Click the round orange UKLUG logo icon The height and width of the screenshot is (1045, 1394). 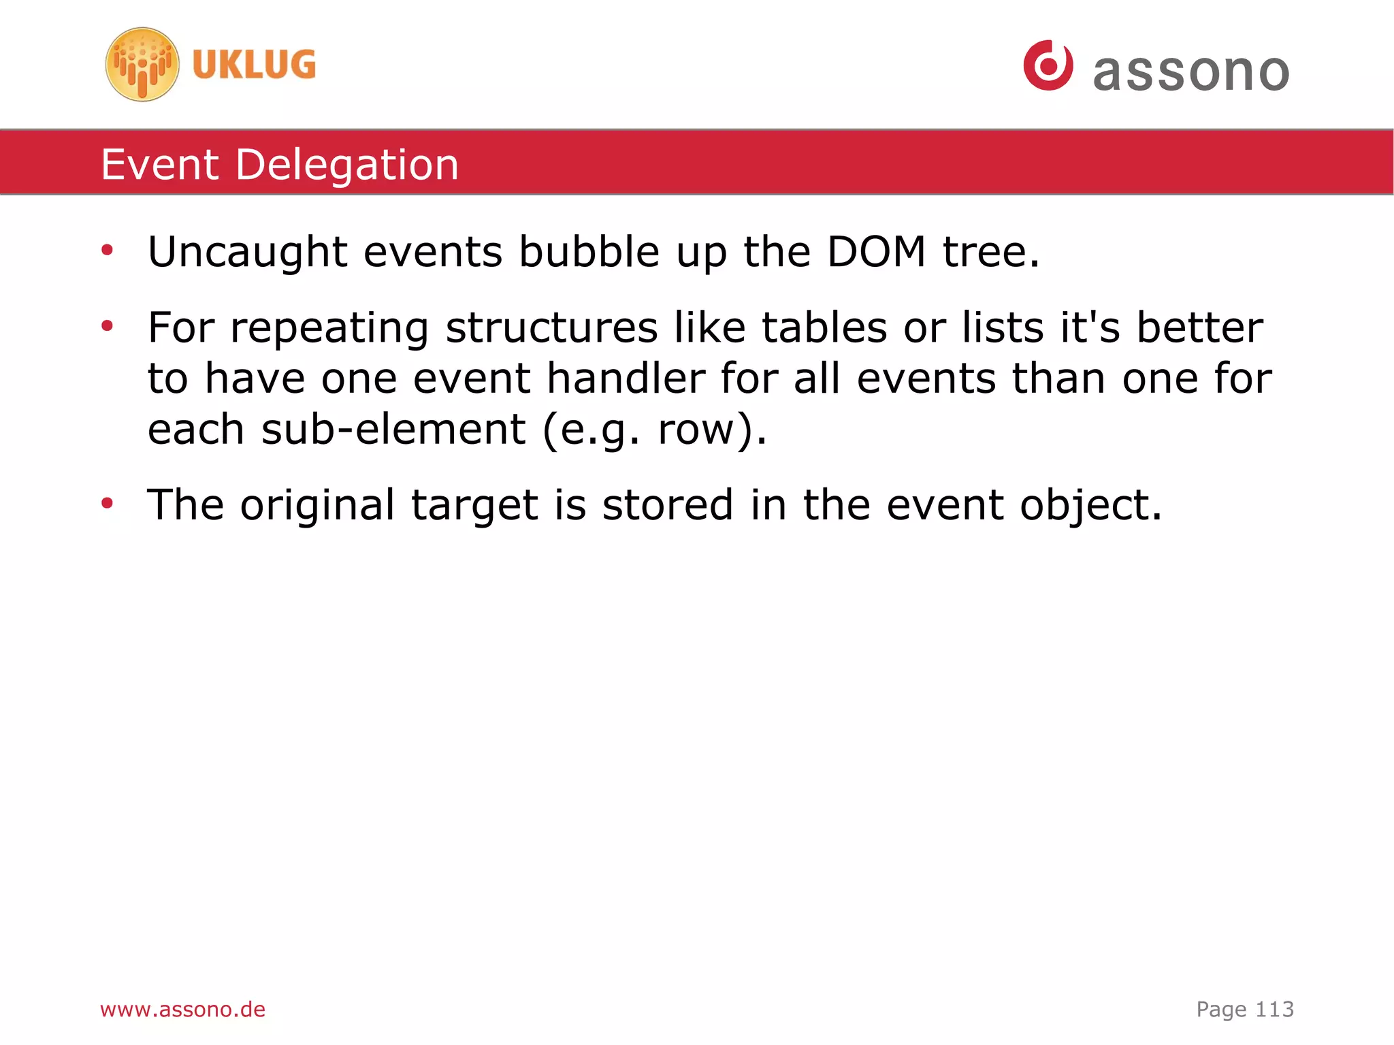(142, 65)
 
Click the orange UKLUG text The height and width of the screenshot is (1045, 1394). (254, 65)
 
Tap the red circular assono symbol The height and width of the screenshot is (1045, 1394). (1048, 65)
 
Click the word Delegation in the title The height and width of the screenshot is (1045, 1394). (347, 165)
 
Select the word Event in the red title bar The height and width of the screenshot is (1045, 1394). (160, 165)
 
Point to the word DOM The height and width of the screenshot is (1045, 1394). (876, 252)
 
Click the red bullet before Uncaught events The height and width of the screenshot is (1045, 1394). (107, 251)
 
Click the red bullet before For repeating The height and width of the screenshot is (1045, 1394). (107, 327)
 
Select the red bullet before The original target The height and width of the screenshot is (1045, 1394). (107, 504)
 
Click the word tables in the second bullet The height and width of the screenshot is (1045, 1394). (824, 327)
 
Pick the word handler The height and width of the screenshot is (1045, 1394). (626, 379)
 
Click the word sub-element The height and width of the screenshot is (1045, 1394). (393, 430)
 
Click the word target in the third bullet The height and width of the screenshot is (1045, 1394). (474, 505)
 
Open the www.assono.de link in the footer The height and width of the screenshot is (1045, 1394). (182, 1009)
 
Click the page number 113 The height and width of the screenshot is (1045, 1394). (1274, 1009)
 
